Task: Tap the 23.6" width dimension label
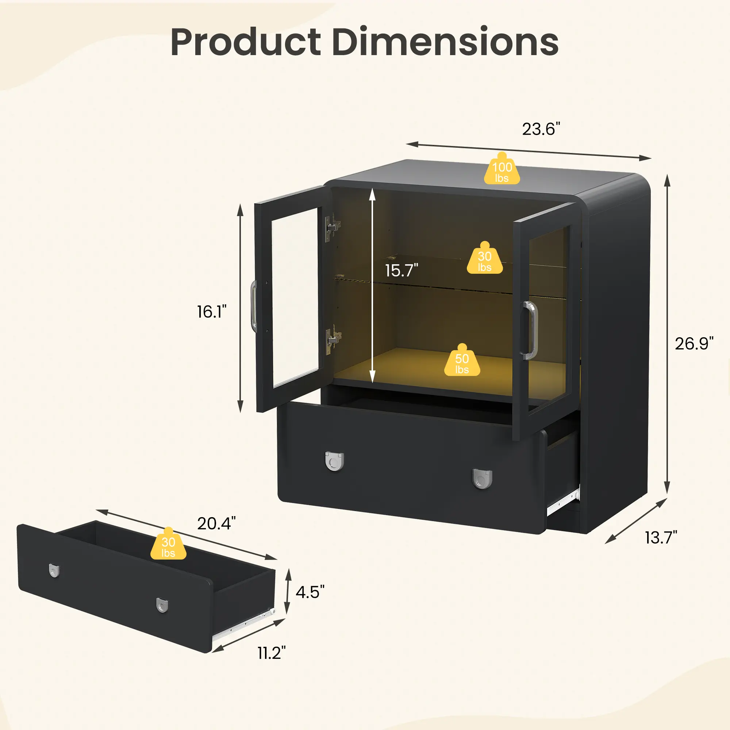point(541,129)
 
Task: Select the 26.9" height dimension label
point(695,343)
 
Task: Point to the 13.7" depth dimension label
point(661,537)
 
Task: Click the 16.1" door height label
point(212,312)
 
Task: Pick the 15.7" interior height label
point(401,270)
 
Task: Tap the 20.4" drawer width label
point(216,523)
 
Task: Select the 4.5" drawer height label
point(310,592)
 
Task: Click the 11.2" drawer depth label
point(272,653)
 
